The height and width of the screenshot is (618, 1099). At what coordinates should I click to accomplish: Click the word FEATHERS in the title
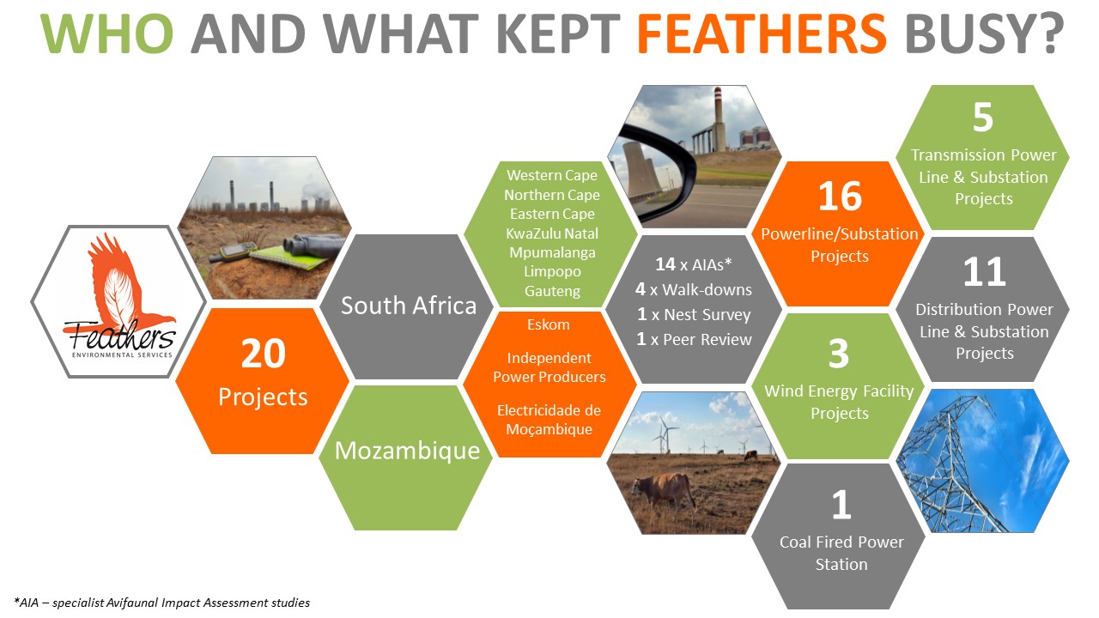(x=762, y=33)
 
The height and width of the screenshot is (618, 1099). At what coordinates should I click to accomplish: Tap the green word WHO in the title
(x=106, y=33)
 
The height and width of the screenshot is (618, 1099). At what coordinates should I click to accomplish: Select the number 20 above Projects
(x=263, y=354)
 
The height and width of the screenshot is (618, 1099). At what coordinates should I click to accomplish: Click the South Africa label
(x=409, y=306)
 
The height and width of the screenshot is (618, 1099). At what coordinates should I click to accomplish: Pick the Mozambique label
(x=407, y=451)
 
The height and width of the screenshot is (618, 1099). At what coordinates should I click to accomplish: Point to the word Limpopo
(x=552, y=272)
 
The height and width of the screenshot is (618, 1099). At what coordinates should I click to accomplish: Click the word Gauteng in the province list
(x=552, y=291)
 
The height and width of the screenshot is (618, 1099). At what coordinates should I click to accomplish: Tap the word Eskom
(x=549, y=324)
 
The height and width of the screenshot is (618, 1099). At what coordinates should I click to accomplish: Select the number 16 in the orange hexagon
(x=840, y=197)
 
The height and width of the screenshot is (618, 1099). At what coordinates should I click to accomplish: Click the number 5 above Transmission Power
(x=983, y=118)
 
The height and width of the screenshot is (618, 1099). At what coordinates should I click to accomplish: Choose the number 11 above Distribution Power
(x=984, y=271)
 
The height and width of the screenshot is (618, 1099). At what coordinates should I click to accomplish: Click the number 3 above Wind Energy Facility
(x=839, y=354)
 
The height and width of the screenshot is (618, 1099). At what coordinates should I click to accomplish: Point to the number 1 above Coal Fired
(x=841, y=504)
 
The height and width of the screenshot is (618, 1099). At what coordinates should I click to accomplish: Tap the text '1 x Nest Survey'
(x=694, y=314)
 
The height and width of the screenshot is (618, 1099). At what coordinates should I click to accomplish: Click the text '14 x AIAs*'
(x=694, y=264)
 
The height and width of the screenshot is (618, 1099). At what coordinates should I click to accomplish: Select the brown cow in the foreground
(x=664, y=492)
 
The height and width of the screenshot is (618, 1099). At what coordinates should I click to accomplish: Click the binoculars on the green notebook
(x=314, y=245)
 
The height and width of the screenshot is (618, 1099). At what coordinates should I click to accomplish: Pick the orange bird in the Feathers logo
(x=123, y=284)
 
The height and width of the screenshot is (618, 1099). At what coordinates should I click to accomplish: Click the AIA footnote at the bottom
(x=162, y=603)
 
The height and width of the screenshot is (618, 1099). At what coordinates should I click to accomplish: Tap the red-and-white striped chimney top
(x=719, y=95)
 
